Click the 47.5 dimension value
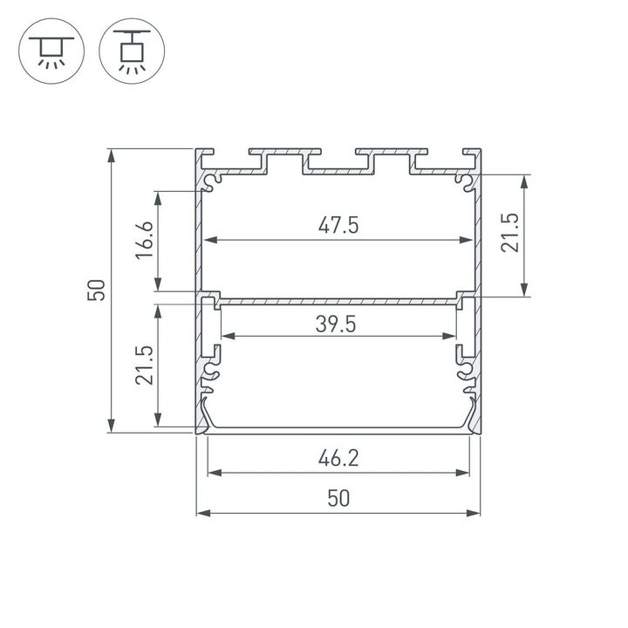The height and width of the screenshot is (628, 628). pos(338,225)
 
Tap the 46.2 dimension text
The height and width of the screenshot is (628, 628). pos(338,457)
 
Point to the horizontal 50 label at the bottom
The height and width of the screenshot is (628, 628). pos(338,498)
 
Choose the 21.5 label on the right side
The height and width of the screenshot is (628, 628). pos(510,234)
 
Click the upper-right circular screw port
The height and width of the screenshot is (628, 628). pos(467,181)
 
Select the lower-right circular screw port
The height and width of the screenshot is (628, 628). pos(467,376)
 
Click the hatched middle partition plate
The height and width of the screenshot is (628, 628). pos(338,301)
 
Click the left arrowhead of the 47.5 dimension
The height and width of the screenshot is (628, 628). pos(208,241)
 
